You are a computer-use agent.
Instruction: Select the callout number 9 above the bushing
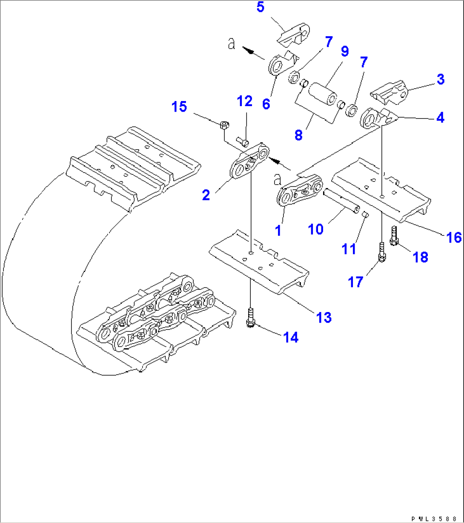344,52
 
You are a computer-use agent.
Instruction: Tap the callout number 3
440,79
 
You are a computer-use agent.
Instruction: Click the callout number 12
244,101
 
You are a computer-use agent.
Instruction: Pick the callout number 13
324,317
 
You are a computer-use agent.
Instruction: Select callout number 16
454,237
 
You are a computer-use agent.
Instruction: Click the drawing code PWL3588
436,519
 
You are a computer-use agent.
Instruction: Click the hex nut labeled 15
224,125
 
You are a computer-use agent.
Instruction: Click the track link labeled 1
298,192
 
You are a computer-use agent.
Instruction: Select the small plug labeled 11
364,214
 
